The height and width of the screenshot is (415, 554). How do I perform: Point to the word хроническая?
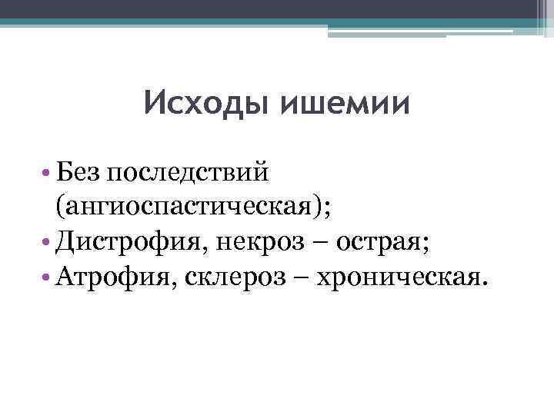399,279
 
